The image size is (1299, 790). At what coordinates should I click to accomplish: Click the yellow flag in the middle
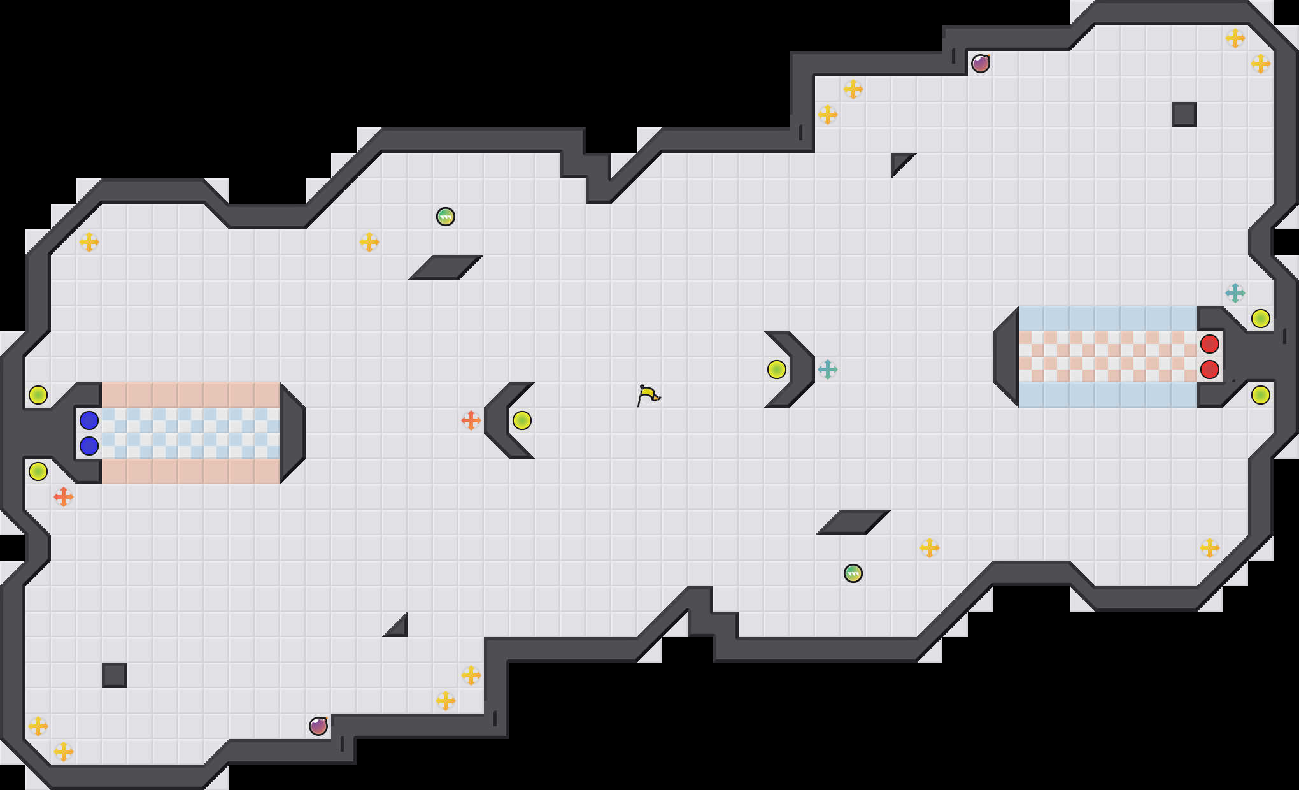click(x=648, y=395)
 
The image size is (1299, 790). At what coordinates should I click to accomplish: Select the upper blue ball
click(x=89, y=420)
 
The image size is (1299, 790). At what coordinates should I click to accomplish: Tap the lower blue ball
click(x=89, y=446)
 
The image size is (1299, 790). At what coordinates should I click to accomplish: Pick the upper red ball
click(x=1210, y=344)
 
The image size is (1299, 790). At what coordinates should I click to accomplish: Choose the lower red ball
click(x=1210, y=370)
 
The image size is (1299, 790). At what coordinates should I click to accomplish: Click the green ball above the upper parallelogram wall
click(x=446, y=217)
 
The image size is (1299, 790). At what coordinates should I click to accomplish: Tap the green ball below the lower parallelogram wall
click(x=853, y=573)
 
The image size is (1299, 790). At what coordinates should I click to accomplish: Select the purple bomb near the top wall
click(x=981, y=64)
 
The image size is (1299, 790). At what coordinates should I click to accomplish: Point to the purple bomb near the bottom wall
click(x=318, y=726)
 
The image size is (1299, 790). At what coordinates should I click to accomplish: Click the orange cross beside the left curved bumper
click(x=471, y=420)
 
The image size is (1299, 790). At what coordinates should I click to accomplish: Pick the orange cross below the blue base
click(x=64, y=497)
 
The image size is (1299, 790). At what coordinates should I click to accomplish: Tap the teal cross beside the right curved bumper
click(x=828, y=370)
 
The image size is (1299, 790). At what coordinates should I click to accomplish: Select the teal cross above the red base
click(x=1235, y=293)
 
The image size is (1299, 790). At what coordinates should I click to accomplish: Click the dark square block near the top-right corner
click(x=1184, y=115)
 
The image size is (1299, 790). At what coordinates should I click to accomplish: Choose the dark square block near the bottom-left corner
click(x=115, y=675)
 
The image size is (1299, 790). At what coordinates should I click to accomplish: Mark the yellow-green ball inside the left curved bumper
click(x=522, y=420)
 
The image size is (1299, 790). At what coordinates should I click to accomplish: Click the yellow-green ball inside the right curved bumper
click(x=777, y=370)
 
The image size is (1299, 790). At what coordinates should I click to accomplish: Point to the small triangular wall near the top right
click(x=899, y=161)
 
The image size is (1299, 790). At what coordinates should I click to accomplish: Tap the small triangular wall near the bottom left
click(x=399, y=629)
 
